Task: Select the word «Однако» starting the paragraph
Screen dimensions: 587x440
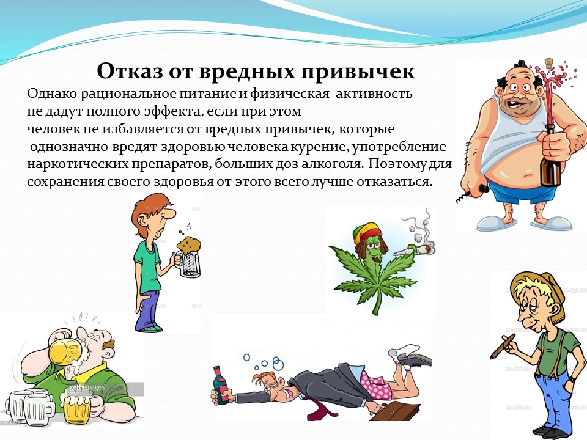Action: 51,94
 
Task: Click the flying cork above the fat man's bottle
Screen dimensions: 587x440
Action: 549,62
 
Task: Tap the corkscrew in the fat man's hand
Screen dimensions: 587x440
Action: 473,194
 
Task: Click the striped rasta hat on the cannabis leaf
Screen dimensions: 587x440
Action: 368,231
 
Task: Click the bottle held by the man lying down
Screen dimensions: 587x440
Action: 221,386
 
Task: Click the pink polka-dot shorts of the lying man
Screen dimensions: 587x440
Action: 376,383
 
